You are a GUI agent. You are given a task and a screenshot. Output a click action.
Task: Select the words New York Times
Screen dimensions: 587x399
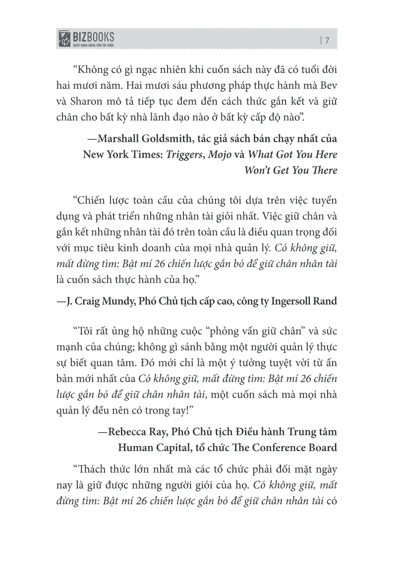115,154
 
